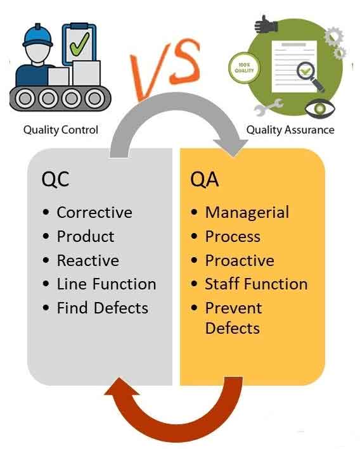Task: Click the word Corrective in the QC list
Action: (x=94, y=212)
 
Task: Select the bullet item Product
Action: (x=86, y=236)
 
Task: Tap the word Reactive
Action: (x=87, y=260)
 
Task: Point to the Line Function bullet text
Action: (x=106, y=284)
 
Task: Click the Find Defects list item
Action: (x=102, y=308)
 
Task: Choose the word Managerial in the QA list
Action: (x=247, y=212)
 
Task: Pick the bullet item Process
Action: (x=233, y=236)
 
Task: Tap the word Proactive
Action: (x=240, y=260)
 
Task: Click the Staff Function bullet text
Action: (x=256, y=284)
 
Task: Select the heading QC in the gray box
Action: (x=55, y=179)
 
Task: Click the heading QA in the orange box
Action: (x=204, y=179)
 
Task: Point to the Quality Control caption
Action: (x=61, y=130)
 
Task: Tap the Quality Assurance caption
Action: (x=290, y=130)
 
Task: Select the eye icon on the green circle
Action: (x=314, y=109)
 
